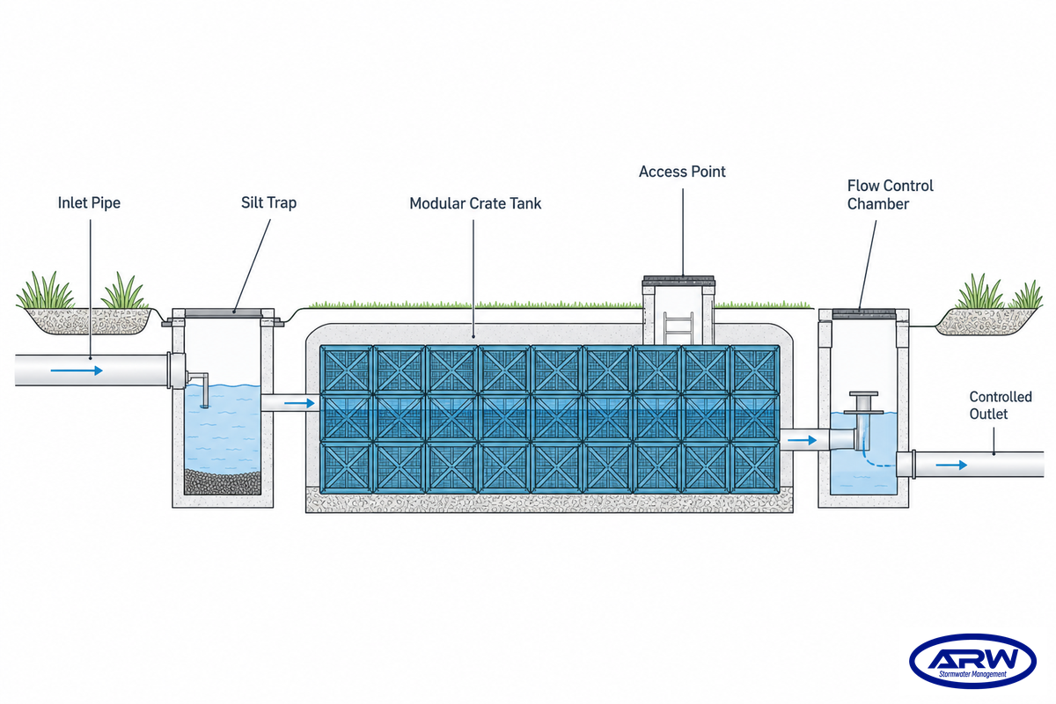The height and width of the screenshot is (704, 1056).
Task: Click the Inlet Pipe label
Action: pos(89,202)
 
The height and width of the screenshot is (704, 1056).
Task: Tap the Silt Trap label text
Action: pos(268,202)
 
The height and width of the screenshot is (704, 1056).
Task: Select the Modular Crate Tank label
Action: pos(475,203)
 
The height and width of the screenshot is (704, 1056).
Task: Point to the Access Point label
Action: pos(682,172)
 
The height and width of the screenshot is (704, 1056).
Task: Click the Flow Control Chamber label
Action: pos(890,194)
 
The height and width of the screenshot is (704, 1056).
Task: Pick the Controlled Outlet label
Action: pos(1001,405)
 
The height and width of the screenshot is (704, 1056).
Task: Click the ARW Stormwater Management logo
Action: pos(972,661)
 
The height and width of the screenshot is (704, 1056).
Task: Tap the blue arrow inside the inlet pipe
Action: pos(77,370)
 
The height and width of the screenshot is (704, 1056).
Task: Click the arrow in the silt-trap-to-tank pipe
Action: pos(299,403)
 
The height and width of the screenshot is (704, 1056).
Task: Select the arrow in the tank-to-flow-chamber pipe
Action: pos(802,440)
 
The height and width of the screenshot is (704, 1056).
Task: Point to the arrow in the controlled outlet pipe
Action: pos(951,465)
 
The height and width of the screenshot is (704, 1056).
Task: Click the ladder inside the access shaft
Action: pos(678,328)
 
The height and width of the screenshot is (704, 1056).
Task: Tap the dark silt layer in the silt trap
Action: pos(222,482)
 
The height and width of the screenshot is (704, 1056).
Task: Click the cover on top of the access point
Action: pos(678,280)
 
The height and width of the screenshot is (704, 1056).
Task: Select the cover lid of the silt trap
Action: pos(223,313)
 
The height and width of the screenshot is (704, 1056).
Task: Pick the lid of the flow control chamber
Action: pos(863,314)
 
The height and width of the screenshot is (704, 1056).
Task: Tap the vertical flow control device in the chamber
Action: pos(863,410)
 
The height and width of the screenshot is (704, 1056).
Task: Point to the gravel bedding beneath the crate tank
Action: pos(549,501)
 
